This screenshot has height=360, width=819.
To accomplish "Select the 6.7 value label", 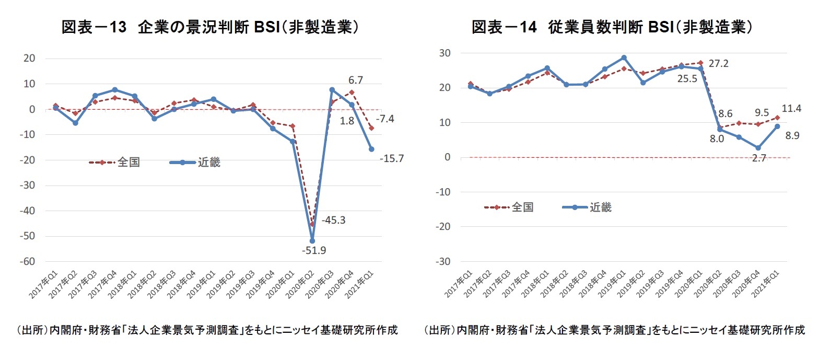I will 355,80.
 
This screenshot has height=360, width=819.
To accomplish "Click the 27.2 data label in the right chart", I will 718,64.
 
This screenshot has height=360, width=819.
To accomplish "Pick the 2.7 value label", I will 758,158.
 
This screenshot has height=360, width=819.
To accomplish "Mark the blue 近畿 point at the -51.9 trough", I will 312,241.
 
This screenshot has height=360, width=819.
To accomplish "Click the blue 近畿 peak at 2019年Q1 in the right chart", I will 624,57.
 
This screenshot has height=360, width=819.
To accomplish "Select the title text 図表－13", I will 95,28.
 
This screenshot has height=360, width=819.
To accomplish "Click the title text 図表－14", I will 505,28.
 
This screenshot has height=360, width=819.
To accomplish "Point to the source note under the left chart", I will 207,330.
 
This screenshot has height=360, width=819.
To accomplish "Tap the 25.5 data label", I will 688,79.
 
